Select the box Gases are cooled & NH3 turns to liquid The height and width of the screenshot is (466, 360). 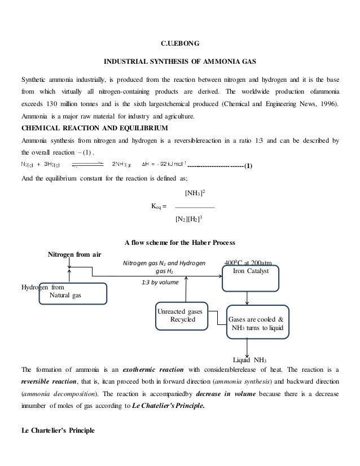[257, 322]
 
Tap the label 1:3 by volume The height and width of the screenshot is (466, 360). [157, 282]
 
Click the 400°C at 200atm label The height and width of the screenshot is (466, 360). [248, 262]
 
